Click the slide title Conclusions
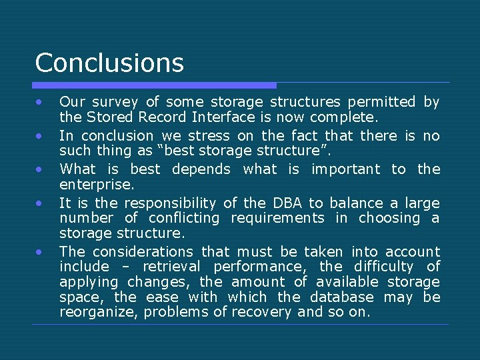point(109,63)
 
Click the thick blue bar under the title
point(154,85)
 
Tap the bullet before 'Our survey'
point(40,102)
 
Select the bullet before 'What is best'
point(40,169)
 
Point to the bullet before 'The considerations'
point(40,252)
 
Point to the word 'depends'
point(201,169)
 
